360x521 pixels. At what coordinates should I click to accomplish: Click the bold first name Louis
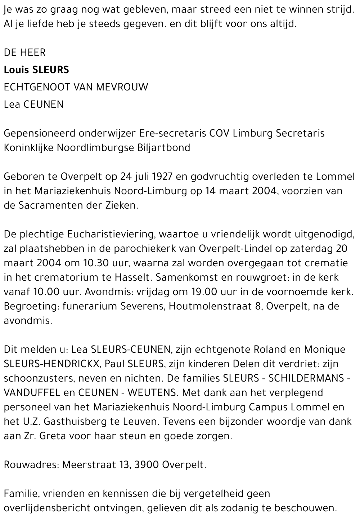click(17, 70)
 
